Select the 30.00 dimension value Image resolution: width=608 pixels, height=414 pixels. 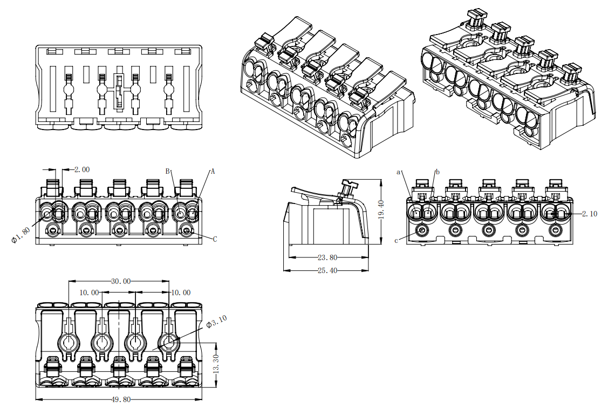pos(120,281)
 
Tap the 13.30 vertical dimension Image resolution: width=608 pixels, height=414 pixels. pos(217,365)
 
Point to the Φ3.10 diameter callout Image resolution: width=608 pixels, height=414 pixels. pos(217,322)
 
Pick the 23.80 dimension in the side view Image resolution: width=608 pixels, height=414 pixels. pos(327,257)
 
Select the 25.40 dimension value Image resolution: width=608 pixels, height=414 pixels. pos(327,270)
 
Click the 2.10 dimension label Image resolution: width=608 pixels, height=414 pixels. pos(590,214)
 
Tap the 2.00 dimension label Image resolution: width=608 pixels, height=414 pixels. pos(82,169)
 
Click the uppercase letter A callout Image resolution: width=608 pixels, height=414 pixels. pos(213,172)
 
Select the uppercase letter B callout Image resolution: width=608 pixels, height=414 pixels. pos(168,171)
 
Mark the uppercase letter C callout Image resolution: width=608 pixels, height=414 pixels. pos(215,239)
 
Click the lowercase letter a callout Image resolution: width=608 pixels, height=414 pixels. pos(399,172)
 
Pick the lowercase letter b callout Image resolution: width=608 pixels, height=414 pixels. pos(438,172)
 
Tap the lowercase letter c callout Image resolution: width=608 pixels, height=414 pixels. pos(397,241)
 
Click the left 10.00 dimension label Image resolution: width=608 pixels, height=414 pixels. pos(89,293)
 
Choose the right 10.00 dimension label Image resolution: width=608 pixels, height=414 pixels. pos(180,293)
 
